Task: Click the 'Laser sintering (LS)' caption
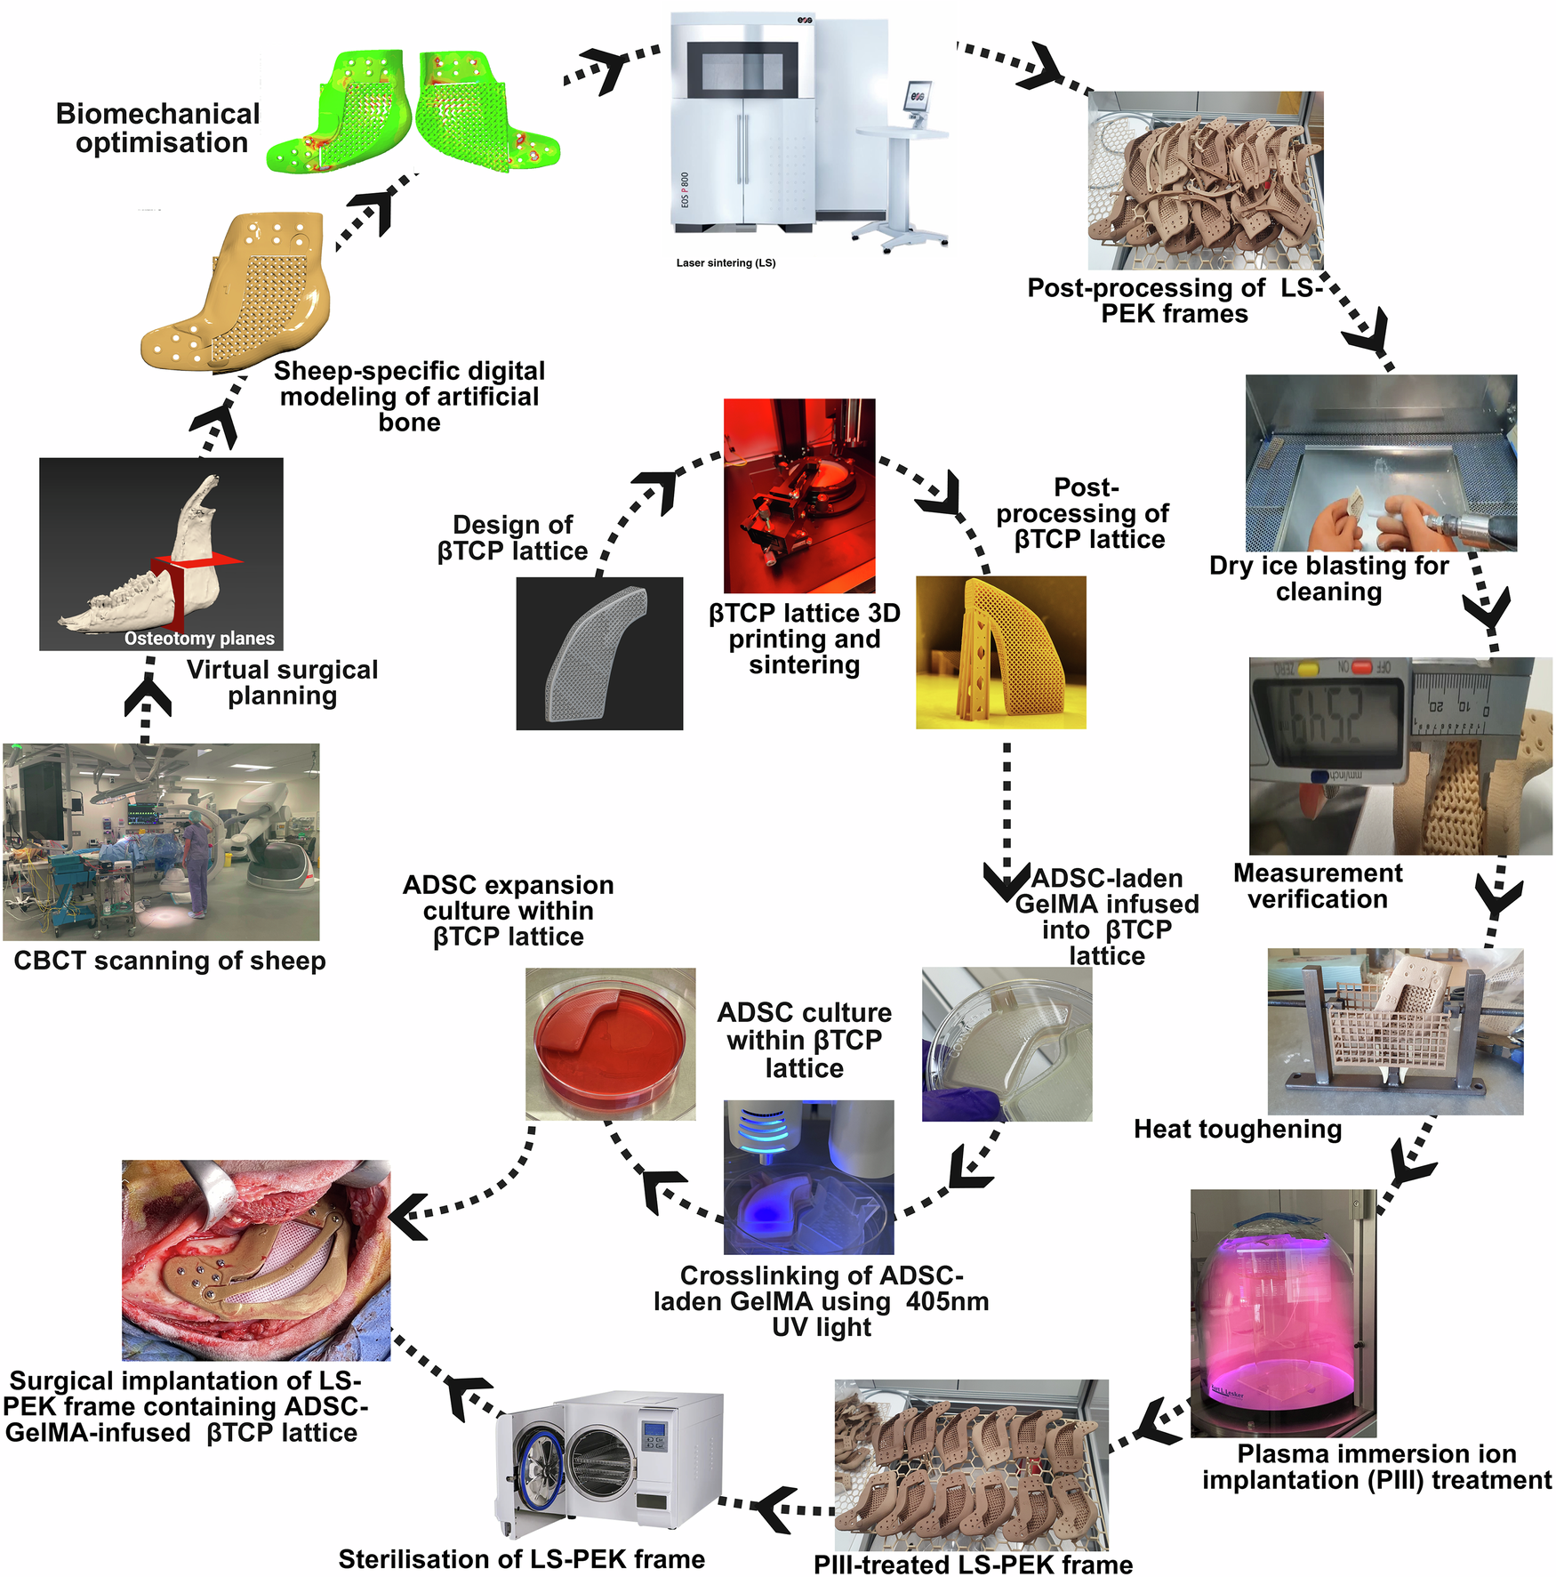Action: coord(726,263)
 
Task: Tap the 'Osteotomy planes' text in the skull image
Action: coord(199,638)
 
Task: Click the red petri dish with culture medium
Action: coord(610,1042)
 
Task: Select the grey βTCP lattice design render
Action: coord(599,654)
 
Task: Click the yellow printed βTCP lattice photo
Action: coord(1001,652)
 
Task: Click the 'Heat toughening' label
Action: coord(1237,1129)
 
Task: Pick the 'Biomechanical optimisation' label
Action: coord(158,128)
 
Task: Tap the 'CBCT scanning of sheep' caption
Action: coord(169,961)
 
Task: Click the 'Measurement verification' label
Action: coord(1317,886)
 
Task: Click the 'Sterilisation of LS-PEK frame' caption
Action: coord(521,1559)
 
